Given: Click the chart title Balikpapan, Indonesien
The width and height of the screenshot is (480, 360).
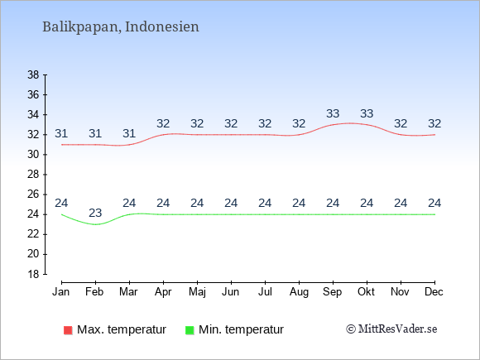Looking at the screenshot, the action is (121, 27).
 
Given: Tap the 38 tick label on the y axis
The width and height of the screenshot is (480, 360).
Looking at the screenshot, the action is (33, 74).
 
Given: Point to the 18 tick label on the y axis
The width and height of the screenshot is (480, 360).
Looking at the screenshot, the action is (33, 274).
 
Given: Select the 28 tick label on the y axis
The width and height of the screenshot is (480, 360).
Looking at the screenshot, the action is (33, 175).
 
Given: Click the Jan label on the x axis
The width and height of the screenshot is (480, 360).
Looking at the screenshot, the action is (61, 292).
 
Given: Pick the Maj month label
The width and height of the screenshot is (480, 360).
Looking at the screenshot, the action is (197, 292).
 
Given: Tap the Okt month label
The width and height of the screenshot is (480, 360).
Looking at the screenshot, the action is (366, 292).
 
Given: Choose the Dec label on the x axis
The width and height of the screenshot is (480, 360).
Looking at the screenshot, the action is (434, 292).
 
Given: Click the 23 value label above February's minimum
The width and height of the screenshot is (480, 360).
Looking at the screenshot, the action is (95, 213).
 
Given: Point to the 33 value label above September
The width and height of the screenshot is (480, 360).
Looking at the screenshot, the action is (333, 113).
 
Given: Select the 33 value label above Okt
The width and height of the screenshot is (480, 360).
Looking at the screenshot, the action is (367, 113).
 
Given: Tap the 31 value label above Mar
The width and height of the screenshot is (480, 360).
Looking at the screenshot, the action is (129, 133).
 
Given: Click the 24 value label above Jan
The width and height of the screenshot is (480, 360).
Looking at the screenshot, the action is (61, 203).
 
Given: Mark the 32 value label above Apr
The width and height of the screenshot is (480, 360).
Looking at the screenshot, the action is (163, 123).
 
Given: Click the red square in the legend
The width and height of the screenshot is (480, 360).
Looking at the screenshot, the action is (68, 330).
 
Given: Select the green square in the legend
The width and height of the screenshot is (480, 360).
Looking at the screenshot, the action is (190, 330).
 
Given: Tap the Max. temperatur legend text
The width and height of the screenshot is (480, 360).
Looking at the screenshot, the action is (122, 329).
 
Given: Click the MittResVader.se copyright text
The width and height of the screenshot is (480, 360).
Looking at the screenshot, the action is (391, 329).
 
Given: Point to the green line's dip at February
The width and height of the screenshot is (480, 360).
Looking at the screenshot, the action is (95, 224).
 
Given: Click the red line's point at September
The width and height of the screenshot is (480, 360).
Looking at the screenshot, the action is (333, 125).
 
